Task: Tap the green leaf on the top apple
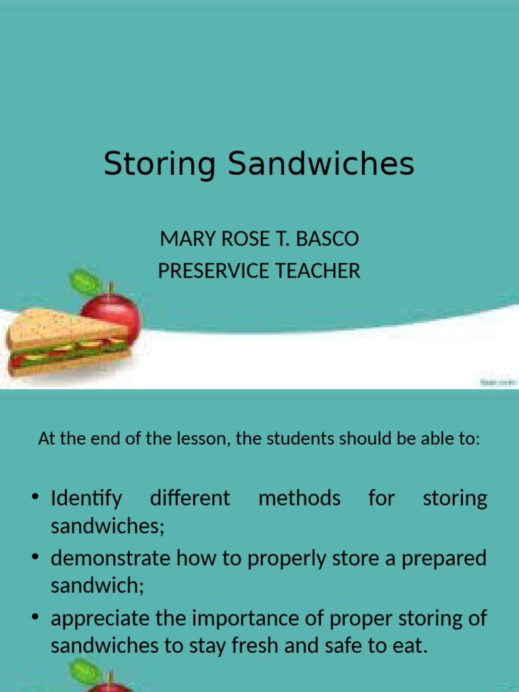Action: pos(84,280)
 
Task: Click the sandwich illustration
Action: pos(64,342)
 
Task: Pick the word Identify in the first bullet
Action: pos(86,499)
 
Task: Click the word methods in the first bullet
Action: pos(299,499)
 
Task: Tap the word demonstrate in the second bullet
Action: pos(112,558)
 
